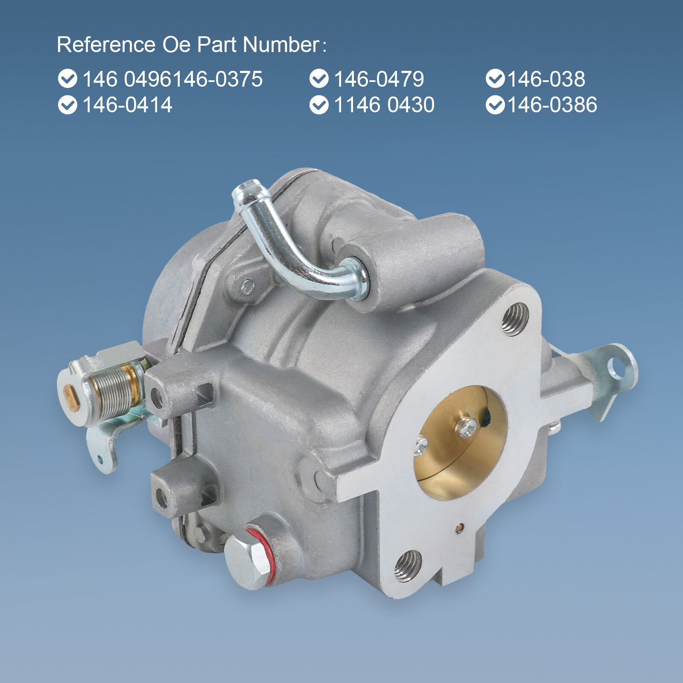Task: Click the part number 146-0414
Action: click(127, 105)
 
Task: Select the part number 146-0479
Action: click(379, 79)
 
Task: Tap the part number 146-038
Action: click(546, 79)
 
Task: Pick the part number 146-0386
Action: click(552, 105)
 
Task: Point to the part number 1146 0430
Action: click(384, 105)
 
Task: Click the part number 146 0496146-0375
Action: click(172, 79)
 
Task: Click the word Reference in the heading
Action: click(106, 44)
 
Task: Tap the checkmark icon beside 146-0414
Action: click(67, 105)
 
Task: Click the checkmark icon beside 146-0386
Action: click(495, 105)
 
